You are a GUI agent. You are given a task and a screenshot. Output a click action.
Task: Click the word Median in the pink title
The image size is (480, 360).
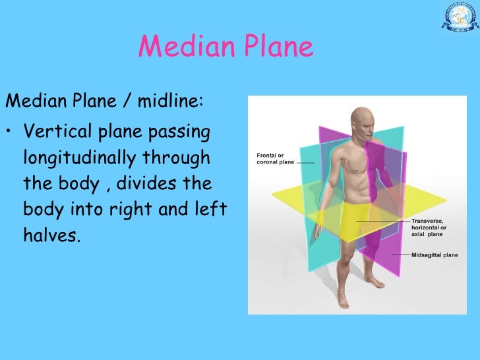[177, 47]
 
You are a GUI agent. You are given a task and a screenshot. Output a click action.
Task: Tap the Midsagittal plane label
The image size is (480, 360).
[435, 254]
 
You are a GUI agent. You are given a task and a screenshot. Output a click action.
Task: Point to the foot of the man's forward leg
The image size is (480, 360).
[343, 301]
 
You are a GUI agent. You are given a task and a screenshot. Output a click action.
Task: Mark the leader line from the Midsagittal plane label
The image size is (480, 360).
[401, 254]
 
